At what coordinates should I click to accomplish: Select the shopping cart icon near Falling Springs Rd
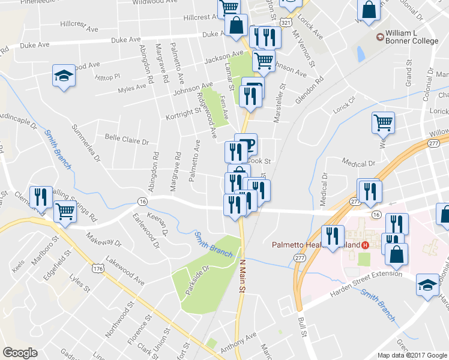tap(65, 211)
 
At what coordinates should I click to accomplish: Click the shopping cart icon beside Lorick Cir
tap(382, 122)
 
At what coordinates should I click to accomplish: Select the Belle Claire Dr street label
tap(127, 141)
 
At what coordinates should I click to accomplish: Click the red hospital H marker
tap(364, 245)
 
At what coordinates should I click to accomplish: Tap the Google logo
tap(20, 353)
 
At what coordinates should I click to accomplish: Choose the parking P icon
tap(250, 142)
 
